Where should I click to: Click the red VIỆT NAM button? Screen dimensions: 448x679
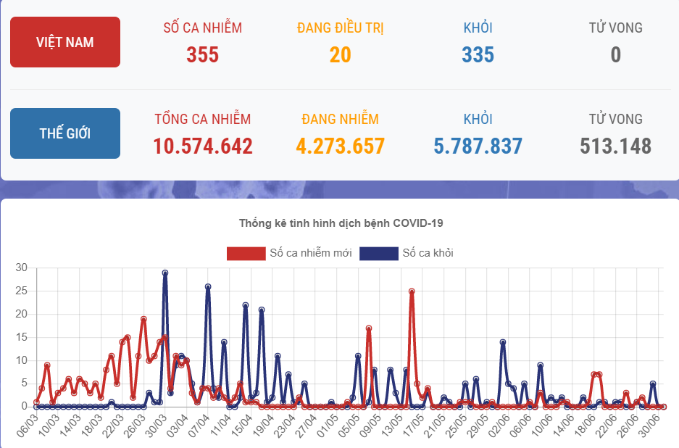[65, 42]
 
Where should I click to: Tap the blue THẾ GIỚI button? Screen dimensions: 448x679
[65, 133]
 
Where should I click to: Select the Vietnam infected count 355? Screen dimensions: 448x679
[202, 54]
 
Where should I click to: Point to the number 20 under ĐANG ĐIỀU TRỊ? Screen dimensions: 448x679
[340, 54]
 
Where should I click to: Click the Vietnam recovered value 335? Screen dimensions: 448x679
[478, 54]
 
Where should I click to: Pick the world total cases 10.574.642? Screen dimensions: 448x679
[202, 146]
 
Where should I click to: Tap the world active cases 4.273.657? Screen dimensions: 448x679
[340, 146]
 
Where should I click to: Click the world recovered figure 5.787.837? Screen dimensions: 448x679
[478, 146]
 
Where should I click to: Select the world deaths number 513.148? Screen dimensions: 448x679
[615, 146]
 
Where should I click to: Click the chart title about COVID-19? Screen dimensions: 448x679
[340, 223]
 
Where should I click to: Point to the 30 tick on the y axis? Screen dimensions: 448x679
[21, 268]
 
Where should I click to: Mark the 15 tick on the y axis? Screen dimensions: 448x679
[21, 337]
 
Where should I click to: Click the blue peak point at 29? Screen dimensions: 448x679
[165, 273]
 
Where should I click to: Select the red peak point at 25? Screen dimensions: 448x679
[412, 291]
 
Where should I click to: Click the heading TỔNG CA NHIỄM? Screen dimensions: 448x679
[202, 119]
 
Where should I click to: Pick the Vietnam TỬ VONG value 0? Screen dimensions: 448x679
[615, 54]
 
